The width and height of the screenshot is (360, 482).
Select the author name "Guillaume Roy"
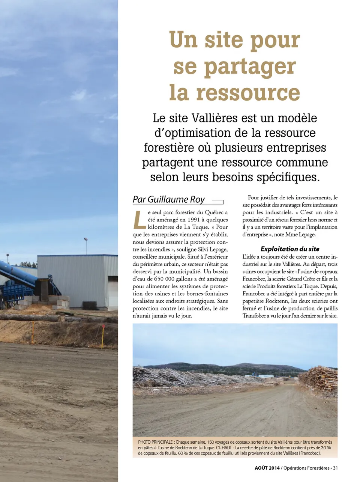pos(176,199)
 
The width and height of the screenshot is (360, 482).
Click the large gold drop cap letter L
pos(139,220)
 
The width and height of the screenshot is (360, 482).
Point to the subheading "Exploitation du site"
pos(290,249)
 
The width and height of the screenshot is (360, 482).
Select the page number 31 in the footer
pos(336,468)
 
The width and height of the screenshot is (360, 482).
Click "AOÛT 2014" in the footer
pos(267,468)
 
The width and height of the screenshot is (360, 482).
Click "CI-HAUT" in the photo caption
pos(224,448)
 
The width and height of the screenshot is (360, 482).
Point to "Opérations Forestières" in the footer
pos(306,468)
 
